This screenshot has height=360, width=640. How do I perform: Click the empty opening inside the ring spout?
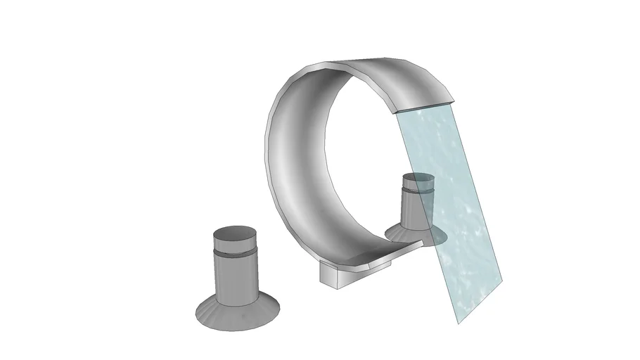[359, 162]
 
